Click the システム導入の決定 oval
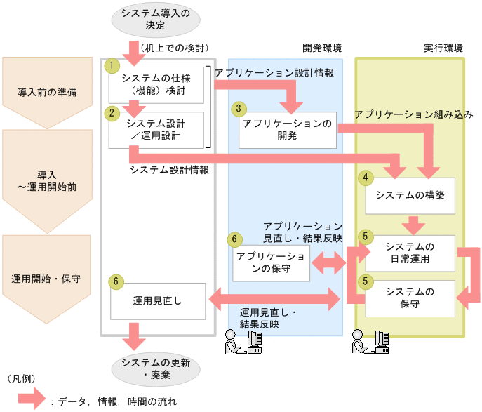[x=155, y=19]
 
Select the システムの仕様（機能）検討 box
[x=156, y=84]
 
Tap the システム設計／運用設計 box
[x=156, y=129]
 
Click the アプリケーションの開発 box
[x=288, y=129]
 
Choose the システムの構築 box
[x=410, y=194]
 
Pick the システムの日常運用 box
[x=410, y=252]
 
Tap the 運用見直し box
[x=157, y=300]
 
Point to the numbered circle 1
[x=110, y=65]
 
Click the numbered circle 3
[x=240, y=109]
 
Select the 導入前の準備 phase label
[x=48, y=91]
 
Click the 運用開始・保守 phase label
[x=48, y=278]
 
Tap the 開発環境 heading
[x=322, y=48]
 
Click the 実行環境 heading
[x=443, y=48]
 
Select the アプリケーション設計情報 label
[x=274, y=73]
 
